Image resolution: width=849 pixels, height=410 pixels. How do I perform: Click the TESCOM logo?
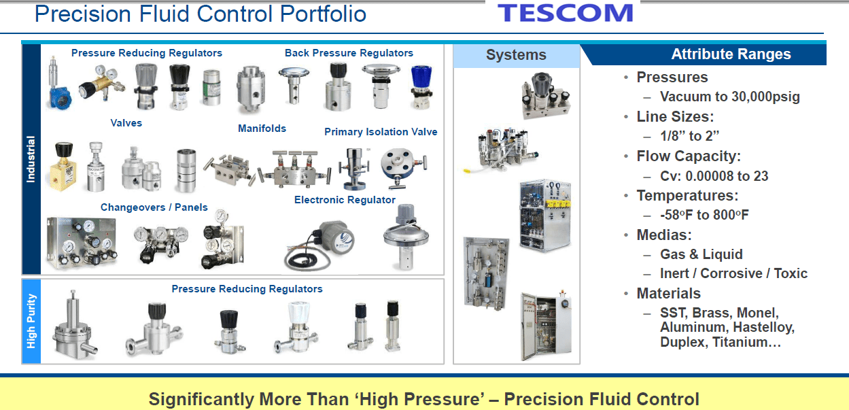click(565, 13)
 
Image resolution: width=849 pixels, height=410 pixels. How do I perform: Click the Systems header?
click(516, 55)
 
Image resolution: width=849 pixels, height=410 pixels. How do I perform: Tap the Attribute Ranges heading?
click(731, 54)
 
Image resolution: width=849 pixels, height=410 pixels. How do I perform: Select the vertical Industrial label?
click(31, 159)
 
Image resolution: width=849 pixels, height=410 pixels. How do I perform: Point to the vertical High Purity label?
click(31, 321)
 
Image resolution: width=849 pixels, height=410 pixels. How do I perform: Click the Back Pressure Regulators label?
click(349, 53)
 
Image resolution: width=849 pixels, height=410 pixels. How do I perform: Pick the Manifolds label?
click(262, 129)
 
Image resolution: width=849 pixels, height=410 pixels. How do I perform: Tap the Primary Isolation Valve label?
click(381, 132)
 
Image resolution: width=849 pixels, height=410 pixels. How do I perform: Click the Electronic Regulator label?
click(345, 200)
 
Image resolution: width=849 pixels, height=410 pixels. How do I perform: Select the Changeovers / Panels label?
click(154, 207)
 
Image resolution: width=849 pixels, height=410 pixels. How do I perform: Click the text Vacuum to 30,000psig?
click(729, 97)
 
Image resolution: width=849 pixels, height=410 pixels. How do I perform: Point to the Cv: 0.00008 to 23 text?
click(714, 176)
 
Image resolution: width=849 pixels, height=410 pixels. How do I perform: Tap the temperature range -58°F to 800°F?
click(704, 215)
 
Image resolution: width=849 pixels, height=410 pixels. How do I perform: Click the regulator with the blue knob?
click(421, 87)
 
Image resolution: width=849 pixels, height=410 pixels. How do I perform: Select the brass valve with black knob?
click(63, 166)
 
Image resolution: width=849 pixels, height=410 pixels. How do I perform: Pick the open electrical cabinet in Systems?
click(546, 326)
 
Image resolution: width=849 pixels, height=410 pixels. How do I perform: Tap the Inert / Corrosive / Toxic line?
click(733, 273)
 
